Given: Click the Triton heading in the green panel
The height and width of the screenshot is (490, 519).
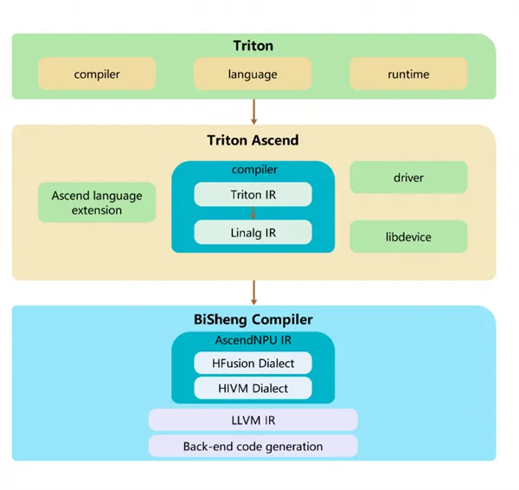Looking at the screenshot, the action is coord(253,46).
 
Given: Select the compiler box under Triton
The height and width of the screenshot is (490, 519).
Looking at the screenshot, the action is coord(97,74).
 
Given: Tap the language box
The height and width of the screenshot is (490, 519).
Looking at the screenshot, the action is coord(253,74).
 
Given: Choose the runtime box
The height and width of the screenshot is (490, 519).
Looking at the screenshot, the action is coord(408,74).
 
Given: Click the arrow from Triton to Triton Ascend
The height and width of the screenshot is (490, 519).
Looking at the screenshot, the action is coord(253,112).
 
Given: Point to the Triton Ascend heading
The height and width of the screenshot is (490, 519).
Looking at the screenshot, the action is coord(253,140).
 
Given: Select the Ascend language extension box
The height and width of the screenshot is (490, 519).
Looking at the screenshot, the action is coord(97,203).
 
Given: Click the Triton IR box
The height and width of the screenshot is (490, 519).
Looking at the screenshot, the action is coord(253,195).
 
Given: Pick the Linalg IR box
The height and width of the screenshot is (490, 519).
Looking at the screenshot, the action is coord(253,233).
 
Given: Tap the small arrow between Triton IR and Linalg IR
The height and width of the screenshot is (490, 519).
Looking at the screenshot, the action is coord(253,213).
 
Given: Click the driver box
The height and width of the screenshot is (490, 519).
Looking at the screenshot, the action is coord(408,177).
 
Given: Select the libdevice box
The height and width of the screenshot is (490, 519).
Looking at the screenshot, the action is coord(408,236).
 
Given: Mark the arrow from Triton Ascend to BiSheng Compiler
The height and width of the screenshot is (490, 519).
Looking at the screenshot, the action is coord(253,293).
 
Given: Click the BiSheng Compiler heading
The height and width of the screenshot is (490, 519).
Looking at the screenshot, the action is coord(253,319).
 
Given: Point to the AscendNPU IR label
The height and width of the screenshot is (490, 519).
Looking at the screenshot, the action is coord(253,340).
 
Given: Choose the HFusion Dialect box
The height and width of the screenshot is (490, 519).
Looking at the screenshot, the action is coord(253,363).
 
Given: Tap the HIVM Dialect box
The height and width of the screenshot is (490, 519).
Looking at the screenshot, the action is coord(253,388).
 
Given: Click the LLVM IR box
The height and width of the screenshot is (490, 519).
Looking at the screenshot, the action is coord(253,420).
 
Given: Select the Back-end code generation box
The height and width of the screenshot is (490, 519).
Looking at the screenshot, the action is coord(253,446).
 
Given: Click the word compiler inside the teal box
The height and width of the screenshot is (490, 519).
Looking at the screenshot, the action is coord(254,170).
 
